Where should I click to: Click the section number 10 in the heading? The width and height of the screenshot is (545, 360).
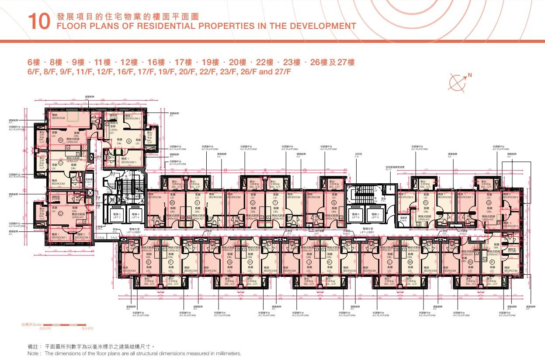pos(38,22)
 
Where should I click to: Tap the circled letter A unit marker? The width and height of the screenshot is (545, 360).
pos(129,141)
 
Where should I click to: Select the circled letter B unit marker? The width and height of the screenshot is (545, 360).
pos(61,140)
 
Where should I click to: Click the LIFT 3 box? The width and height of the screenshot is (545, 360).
pos(117,216)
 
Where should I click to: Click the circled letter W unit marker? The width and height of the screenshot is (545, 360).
pos(172,203)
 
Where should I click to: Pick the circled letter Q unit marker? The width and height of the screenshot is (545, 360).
pos(489,203)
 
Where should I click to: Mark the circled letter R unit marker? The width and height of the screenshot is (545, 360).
pos(425,203)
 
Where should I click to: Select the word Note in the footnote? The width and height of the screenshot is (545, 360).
pos(33,353)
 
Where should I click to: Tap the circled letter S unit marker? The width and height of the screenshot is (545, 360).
pos(334,203)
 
